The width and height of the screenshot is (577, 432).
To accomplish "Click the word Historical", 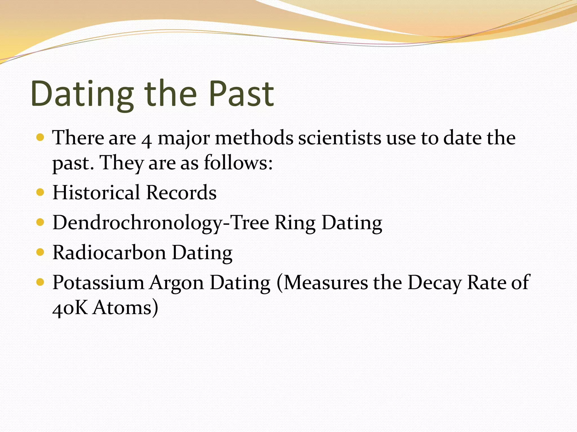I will (x=96, y=193).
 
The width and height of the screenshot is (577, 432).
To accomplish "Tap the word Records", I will (x=181, y=193).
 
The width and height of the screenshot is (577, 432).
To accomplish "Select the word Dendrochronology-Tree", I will (x=161, y=223).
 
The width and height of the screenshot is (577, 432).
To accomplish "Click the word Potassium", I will (x=98, y=282).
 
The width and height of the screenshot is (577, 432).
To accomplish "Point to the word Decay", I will (x=434, y=282).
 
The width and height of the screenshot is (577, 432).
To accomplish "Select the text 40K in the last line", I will (x=70, y=308).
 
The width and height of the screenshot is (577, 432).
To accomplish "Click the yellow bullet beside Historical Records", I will (x=40, y=192).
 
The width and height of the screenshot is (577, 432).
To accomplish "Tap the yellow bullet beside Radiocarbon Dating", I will (x=40, y=252).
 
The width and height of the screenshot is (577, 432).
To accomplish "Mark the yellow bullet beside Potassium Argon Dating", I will (x=40, y=282).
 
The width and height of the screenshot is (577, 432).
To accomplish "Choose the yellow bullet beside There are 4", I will (x=40, y=137).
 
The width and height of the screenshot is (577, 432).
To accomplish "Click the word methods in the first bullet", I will (x=254, y=138).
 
